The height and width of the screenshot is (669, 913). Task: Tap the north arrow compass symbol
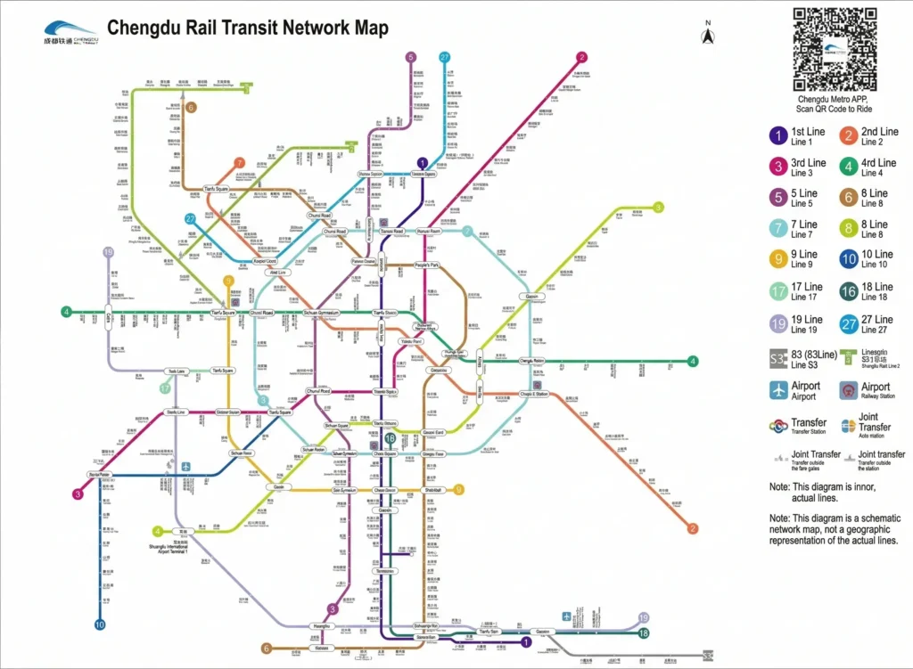click(708, 35)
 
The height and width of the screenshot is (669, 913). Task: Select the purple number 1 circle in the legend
click(778, 135)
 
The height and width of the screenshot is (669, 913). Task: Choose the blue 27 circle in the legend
click(848, 323)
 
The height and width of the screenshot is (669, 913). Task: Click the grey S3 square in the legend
click(777, 358)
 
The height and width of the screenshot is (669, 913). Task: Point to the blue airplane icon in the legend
click(778, 390)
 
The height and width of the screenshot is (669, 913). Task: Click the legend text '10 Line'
click(879, 255)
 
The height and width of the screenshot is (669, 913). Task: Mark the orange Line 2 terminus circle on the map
click(692, 529)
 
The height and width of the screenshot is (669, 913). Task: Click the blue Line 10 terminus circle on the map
click(100, 624)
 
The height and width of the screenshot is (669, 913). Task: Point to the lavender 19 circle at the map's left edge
click(109, 253)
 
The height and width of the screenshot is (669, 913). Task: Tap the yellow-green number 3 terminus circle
click(659, 208)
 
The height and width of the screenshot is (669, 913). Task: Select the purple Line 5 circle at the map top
click(411, 57)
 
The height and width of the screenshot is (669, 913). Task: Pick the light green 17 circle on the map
click(165, 388)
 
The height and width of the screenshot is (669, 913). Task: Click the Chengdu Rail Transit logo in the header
click(70, 32)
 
